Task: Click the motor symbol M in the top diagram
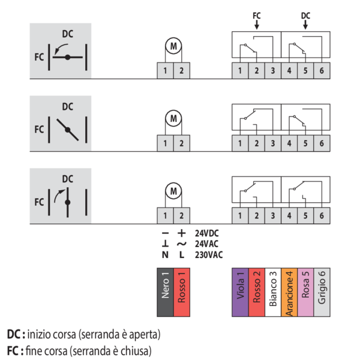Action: tap(173, 47)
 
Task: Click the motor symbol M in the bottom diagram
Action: tap(173, 191)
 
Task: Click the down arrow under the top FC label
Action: tap(257, 25)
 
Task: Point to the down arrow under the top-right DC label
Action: tap(305, 25)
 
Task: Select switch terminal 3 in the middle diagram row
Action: tap(272, 143)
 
